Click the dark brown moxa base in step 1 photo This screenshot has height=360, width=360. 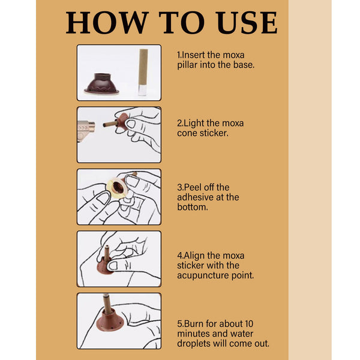point(100,83)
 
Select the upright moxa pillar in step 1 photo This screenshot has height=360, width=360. point(143,72)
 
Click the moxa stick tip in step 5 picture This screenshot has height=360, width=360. point(106,298)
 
